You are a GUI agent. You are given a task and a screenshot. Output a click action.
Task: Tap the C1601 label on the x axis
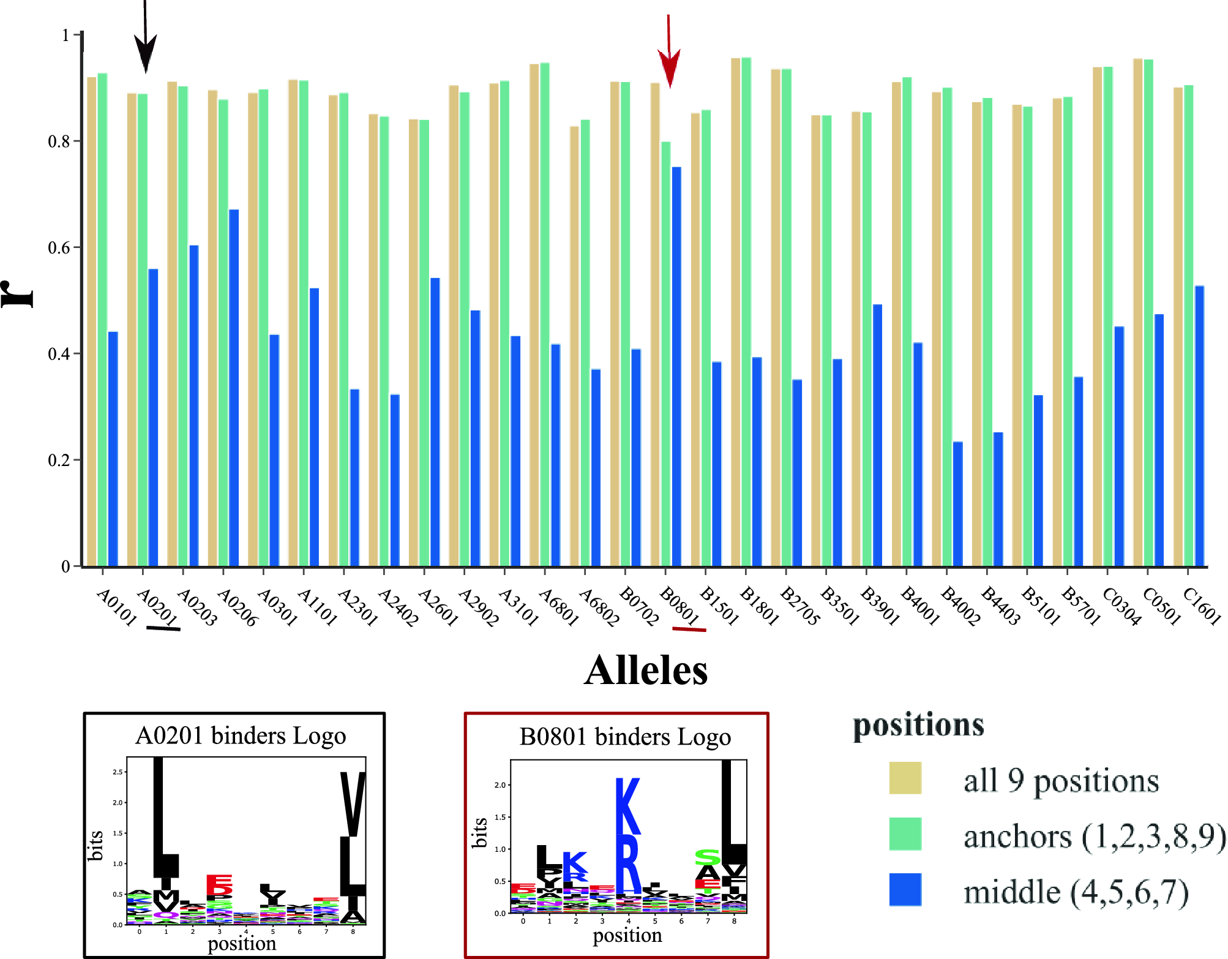(x=1202, y=606)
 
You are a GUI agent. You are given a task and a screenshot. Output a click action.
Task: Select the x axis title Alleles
(x=646, y=671)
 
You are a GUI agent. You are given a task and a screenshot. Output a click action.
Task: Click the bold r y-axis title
(x=18, y=294)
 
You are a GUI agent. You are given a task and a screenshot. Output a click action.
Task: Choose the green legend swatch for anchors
(x=905, y=833)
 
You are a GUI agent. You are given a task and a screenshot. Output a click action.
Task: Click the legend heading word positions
(x=918, y=725)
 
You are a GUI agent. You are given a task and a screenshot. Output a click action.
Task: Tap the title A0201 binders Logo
(x=241, y=735)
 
